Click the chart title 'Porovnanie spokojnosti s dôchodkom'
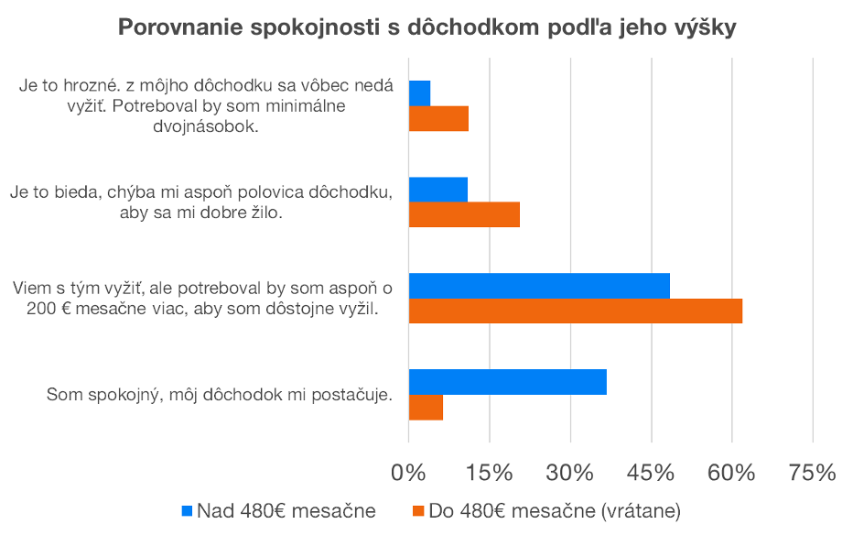(426, 27)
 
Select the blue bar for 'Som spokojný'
(507, 382)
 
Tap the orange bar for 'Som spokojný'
(426, 408)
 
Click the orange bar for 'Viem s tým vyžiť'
(575, 311)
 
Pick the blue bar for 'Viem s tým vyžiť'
(539, 286)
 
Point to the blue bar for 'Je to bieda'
(437, 190)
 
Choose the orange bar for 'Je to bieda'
(464, 214)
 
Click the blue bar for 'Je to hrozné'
(419, 93)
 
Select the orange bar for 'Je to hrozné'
(438, 119)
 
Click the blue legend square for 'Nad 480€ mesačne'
(188, 510)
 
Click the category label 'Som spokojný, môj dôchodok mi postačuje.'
(220, 395)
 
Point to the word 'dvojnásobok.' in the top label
(217, 127)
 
